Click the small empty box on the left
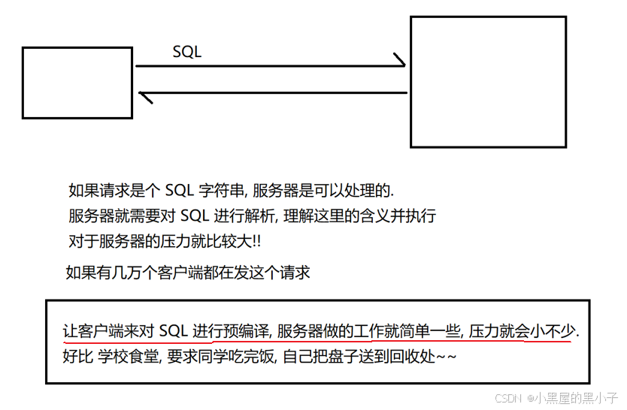tap(77, 83)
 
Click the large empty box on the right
tap(488, 82)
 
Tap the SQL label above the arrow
tap(187, 52)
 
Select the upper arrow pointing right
tap(271, 65)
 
